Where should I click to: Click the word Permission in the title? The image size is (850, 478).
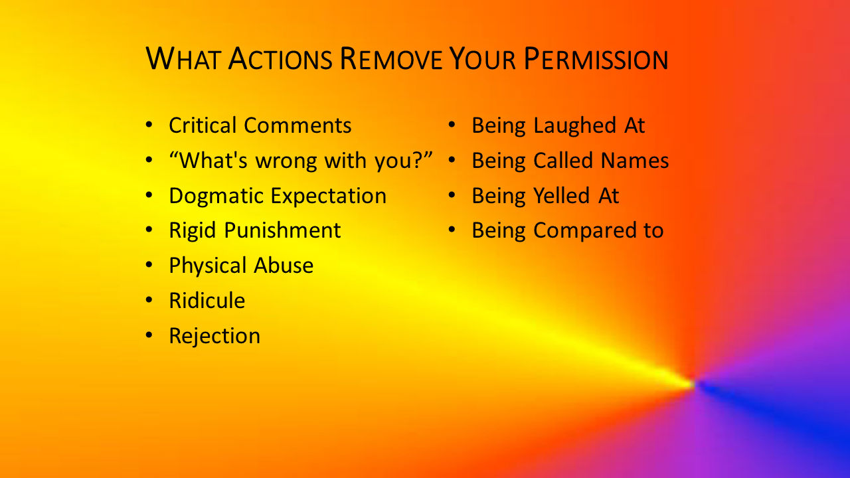point(596,59)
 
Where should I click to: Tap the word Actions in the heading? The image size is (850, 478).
point(280,59)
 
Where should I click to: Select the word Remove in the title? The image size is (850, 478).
point(391,59)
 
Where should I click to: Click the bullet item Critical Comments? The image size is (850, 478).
point(260,125)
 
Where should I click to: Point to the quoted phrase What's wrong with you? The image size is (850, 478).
point(301,161)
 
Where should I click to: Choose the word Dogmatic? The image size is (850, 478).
point(216,197)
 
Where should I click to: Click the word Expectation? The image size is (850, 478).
point(329,197)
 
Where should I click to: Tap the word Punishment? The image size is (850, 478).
point(282,230)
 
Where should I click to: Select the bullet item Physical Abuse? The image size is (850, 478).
point(241,266)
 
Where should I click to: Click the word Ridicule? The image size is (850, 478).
point(207,301)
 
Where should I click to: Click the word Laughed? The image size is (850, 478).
point(574,126)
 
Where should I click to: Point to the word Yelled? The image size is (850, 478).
point(562,196)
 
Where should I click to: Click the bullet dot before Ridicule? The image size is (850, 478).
point(149,300)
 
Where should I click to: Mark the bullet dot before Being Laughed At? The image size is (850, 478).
point(452,125)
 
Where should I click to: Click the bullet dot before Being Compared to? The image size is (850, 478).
point(452,230)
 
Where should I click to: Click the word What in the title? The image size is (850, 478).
point(183,59)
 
